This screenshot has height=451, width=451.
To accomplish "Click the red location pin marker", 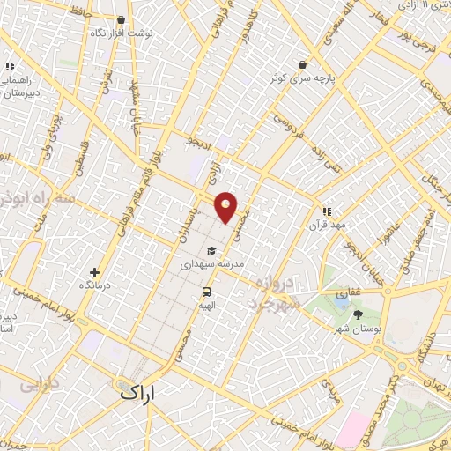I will [226, 206].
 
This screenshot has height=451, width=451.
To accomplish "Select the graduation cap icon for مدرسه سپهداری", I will [211, 250].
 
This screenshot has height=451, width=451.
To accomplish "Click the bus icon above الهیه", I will [206, 292].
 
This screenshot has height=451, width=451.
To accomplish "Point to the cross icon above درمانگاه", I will [95, 272].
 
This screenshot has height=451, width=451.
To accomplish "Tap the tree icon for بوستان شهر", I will [357, 314].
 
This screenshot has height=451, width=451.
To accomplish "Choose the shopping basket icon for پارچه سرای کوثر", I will [303, 65].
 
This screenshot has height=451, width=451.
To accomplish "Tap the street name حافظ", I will [76, 13].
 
